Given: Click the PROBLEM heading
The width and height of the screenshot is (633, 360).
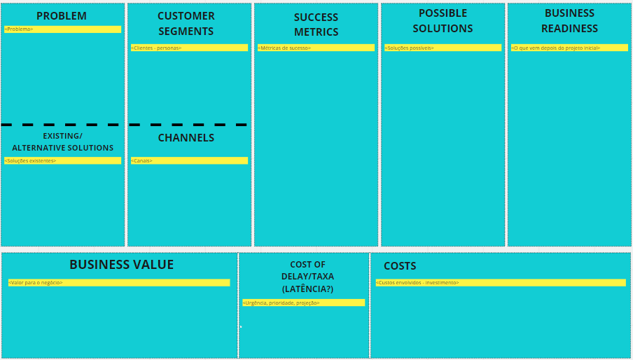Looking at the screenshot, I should [x=62, y=16].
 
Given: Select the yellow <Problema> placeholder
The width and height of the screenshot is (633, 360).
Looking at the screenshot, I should [x=62, y=29].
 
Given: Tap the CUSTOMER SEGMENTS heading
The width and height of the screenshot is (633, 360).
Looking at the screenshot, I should [x=186, y=23].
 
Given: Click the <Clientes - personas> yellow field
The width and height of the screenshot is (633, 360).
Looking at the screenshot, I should [x=189, y=48].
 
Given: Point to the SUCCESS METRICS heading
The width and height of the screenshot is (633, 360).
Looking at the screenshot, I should [x=316, y=25].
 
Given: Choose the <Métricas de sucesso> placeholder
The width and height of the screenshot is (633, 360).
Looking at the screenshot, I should [x=316, y=48].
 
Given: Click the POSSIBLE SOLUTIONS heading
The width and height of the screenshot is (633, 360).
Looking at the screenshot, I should [x=443, y=21].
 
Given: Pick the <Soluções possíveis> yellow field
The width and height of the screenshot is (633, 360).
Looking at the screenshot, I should [x=443, y=48].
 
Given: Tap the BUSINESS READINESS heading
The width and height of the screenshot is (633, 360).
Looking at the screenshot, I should [x=569, y=21].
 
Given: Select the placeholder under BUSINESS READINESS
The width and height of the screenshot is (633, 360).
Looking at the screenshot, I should [x=569, y=48].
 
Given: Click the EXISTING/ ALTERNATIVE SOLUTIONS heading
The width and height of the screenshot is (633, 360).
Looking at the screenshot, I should [x=62, y=141].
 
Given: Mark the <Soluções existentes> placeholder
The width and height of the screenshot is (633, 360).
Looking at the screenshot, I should [x=62, y=160].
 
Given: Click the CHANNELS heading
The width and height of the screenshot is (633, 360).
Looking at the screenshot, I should [x=186, y=138].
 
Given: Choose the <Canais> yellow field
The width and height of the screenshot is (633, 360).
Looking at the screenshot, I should [x=189, y=160].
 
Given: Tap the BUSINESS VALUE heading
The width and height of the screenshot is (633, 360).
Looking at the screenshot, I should [x=121, y=265].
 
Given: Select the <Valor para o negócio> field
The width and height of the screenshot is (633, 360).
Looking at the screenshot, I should [x=119, y=282].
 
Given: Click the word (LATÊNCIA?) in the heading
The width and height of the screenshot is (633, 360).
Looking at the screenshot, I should [x=307, y=289].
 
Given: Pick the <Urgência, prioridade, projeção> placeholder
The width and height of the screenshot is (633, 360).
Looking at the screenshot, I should [x=303, y=303].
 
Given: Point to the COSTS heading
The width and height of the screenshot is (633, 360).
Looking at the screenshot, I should [x=400, y=266].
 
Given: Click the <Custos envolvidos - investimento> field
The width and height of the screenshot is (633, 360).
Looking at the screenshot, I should [x=501, y=282].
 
